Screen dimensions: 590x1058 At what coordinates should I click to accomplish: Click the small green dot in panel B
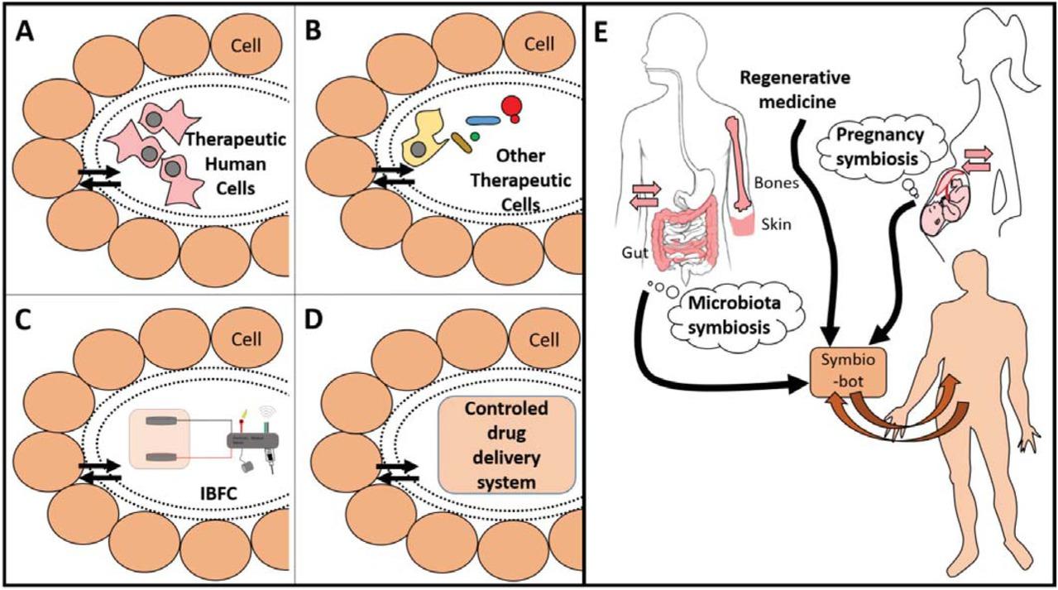(474, 135)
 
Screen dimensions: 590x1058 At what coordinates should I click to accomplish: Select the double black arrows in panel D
(393, 473)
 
